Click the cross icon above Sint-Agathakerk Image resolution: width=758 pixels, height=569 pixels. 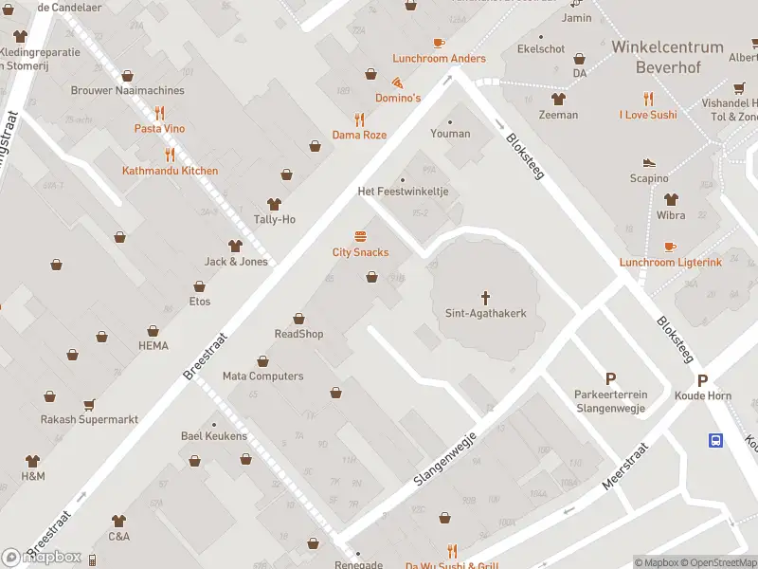click(485, 297)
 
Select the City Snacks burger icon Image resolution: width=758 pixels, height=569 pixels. click(360, 236)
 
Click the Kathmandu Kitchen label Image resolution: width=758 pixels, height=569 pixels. click(170, 171)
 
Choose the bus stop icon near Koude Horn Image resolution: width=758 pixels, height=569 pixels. click(715, 439)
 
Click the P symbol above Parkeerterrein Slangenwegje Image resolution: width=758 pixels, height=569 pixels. click(610, 378)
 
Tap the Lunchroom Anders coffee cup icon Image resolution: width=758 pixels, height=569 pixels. click(439, 43)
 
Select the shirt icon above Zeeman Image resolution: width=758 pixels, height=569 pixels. click(558, 99)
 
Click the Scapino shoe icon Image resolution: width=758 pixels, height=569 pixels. click(649, 162)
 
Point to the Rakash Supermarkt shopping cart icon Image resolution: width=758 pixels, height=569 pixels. click(89, 404)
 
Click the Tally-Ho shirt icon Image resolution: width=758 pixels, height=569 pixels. click(274, 204)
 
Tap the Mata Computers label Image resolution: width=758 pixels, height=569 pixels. click(262, 376)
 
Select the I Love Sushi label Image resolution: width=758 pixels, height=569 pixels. click(648, 115)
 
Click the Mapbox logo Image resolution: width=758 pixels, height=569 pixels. click(42, 557)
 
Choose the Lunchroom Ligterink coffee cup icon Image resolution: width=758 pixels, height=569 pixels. click(671, 247)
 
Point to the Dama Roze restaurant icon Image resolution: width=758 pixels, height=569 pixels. click(359, 119)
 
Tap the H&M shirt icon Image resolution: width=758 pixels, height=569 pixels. click(32, 460)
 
